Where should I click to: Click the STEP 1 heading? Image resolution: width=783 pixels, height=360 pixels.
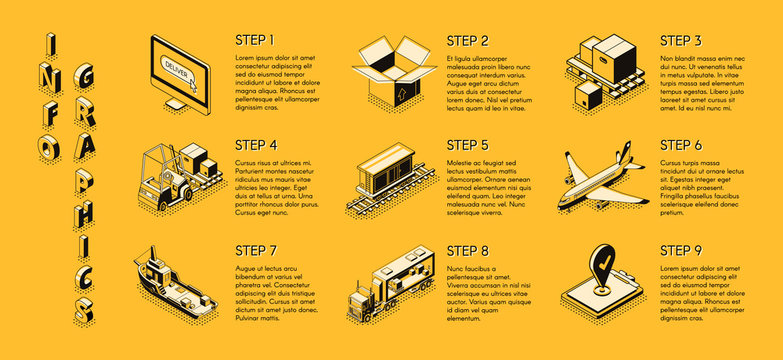coord(255,41)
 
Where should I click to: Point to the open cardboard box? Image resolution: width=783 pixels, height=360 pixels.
coord(394,72)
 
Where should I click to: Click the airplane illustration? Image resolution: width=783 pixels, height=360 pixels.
coord(598,181)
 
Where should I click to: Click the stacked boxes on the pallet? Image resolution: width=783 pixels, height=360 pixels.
coord(606,65)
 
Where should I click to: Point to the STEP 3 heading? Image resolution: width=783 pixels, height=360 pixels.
coord(681,41)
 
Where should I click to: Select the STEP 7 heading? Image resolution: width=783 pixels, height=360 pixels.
coord(255,250)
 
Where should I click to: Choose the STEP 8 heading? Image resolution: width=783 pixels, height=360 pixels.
coord(468,250)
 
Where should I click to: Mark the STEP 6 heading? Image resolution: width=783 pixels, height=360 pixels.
coord(681,145)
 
